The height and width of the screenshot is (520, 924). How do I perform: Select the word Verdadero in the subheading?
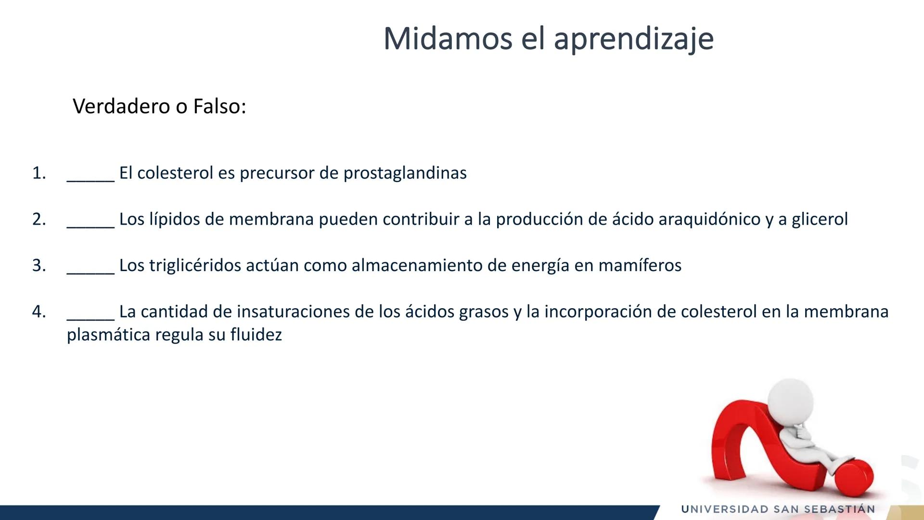pos(121,106)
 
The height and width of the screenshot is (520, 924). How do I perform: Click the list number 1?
pos(38,173)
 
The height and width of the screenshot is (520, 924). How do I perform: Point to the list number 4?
pos(38,312)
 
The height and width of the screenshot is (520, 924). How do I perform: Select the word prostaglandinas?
pos(405,173)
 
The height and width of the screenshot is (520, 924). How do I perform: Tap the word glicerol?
pos(820,219)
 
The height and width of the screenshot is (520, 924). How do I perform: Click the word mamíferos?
pos(640,265)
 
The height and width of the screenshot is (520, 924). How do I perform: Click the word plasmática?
pos(108,335)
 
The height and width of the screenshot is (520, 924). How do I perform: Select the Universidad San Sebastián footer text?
pos(778,509)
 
